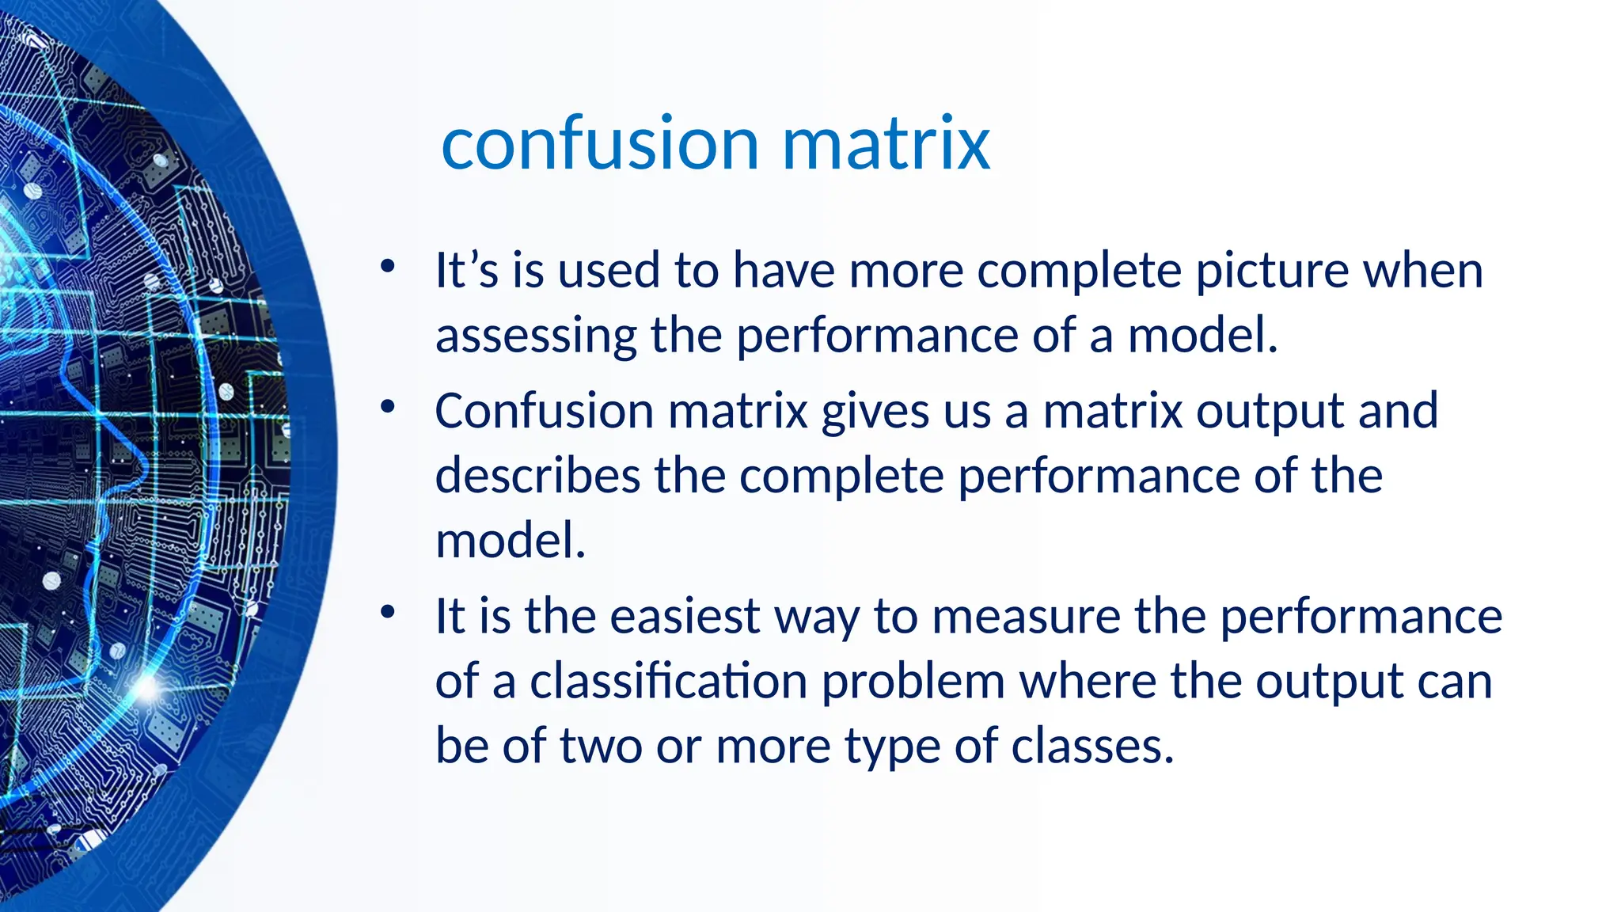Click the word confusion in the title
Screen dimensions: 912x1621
pyautogui.click(x=600, y=144)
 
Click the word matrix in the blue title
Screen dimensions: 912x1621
pyautogui.click(x=886, y=144)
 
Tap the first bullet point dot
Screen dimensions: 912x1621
pyautogui.click(x=387, y=267)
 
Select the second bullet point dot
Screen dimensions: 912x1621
pyautogui.click(x=387, y=408)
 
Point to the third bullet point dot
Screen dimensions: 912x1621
pyautogui.click(x=387, y=612)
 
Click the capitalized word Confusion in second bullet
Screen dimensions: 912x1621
pyautogui.click(x=544, y=412)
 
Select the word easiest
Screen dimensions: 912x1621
pyautogui.click(x=685, y=617)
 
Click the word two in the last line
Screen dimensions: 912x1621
pyautogui.click(x=601, y=747)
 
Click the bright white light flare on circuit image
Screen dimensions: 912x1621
pyautogui.click(x=147, y=687)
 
